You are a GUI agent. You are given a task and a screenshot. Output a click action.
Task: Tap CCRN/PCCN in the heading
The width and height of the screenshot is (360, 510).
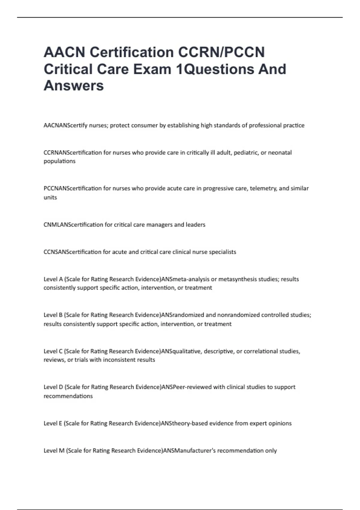tap(222, 52)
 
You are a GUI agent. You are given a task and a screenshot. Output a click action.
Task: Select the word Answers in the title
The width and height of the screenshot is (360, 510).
tap(74, 85)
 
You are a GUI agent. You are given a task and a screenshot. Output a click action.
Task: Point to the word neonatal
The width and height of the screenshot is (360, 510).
tap(280, 152)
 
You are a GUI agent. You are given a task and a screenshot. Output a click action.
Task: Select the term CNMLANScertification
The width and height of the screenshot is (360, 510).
tap(73, 225)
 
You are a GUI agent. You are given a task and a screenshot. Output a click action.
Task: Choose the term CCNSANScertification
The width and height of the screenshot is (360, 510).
tap(73, 252)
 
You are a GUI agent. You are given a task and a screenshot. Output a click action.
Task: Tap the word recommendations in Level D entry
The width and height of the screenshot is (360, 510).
tap(68, 396)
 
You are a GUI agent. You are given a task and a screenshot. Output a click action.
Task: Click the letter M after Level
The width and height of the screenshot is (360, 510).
tap(62, 451)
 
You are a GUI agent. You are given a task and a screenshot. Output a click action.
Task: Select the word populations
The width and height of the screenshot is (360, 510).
tap(60, 161)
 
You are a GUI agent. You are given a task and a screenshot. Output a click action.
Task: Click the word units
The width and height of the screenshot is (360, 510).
tap(50, 197)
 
